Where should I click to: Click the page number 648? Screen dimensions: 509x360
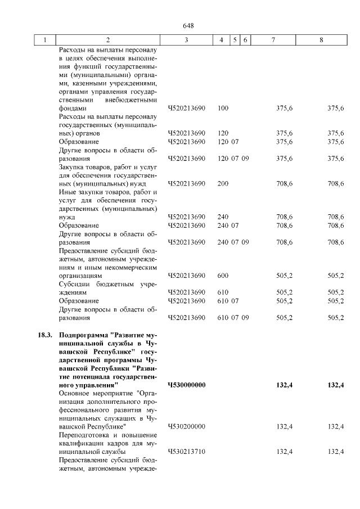click(188, 26)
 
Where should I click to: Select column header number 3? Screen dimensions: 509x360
click(186, 40)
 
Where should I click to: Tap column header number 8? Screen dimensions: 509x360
click(321, 40)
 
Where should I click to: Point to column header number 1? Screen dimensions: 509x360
click(44, 40)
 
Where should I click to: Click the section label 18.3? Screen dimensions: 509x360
click(45, 336)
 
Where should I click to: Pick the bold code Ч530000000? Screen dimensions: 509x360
click(187, 385)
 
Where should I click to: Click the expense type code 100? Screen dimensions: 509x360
click(223, 108)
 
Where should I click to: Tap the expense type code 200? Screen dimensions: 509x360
click(223, 183)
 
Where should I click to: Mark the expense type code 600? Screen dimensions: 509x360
click(223, 276)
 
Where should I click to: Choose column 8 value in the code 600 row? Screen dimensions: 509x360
click(335, 276)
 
